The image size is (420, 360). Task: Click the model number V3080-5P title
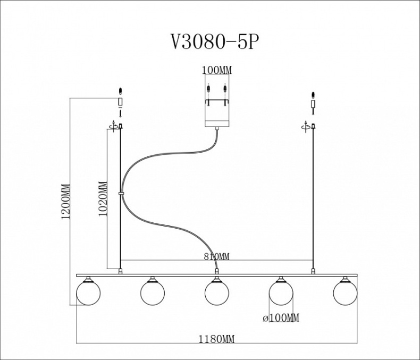pos(215,42)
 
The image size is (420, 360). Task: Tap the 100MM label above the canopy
pos(216,70)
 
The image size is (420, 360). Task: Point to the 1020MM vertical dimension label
pos(103,198)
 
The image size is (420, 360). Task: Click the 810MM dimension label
pos(217,257)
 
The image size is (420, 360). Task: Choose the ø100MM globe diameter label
pos(281,318)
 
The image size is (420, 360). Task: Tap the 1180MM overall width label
pos(217,339)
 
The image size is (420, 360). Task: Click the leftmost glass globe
pos(88,293)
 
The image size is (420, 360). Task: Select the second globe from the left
pos(153,293)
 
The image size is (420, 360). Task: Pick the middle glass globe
pos(216,293)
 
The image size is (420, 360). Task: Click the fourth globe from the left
pos(281,293)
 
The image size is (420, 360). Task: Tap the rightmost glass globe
pos(345,293)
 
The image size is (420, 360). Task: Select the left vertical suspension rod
pos(121,223)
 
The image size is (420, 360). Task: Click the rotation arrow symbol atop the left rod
pos(113,125)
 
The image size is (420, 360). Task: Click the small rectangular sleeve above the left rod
pos(121,102)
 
